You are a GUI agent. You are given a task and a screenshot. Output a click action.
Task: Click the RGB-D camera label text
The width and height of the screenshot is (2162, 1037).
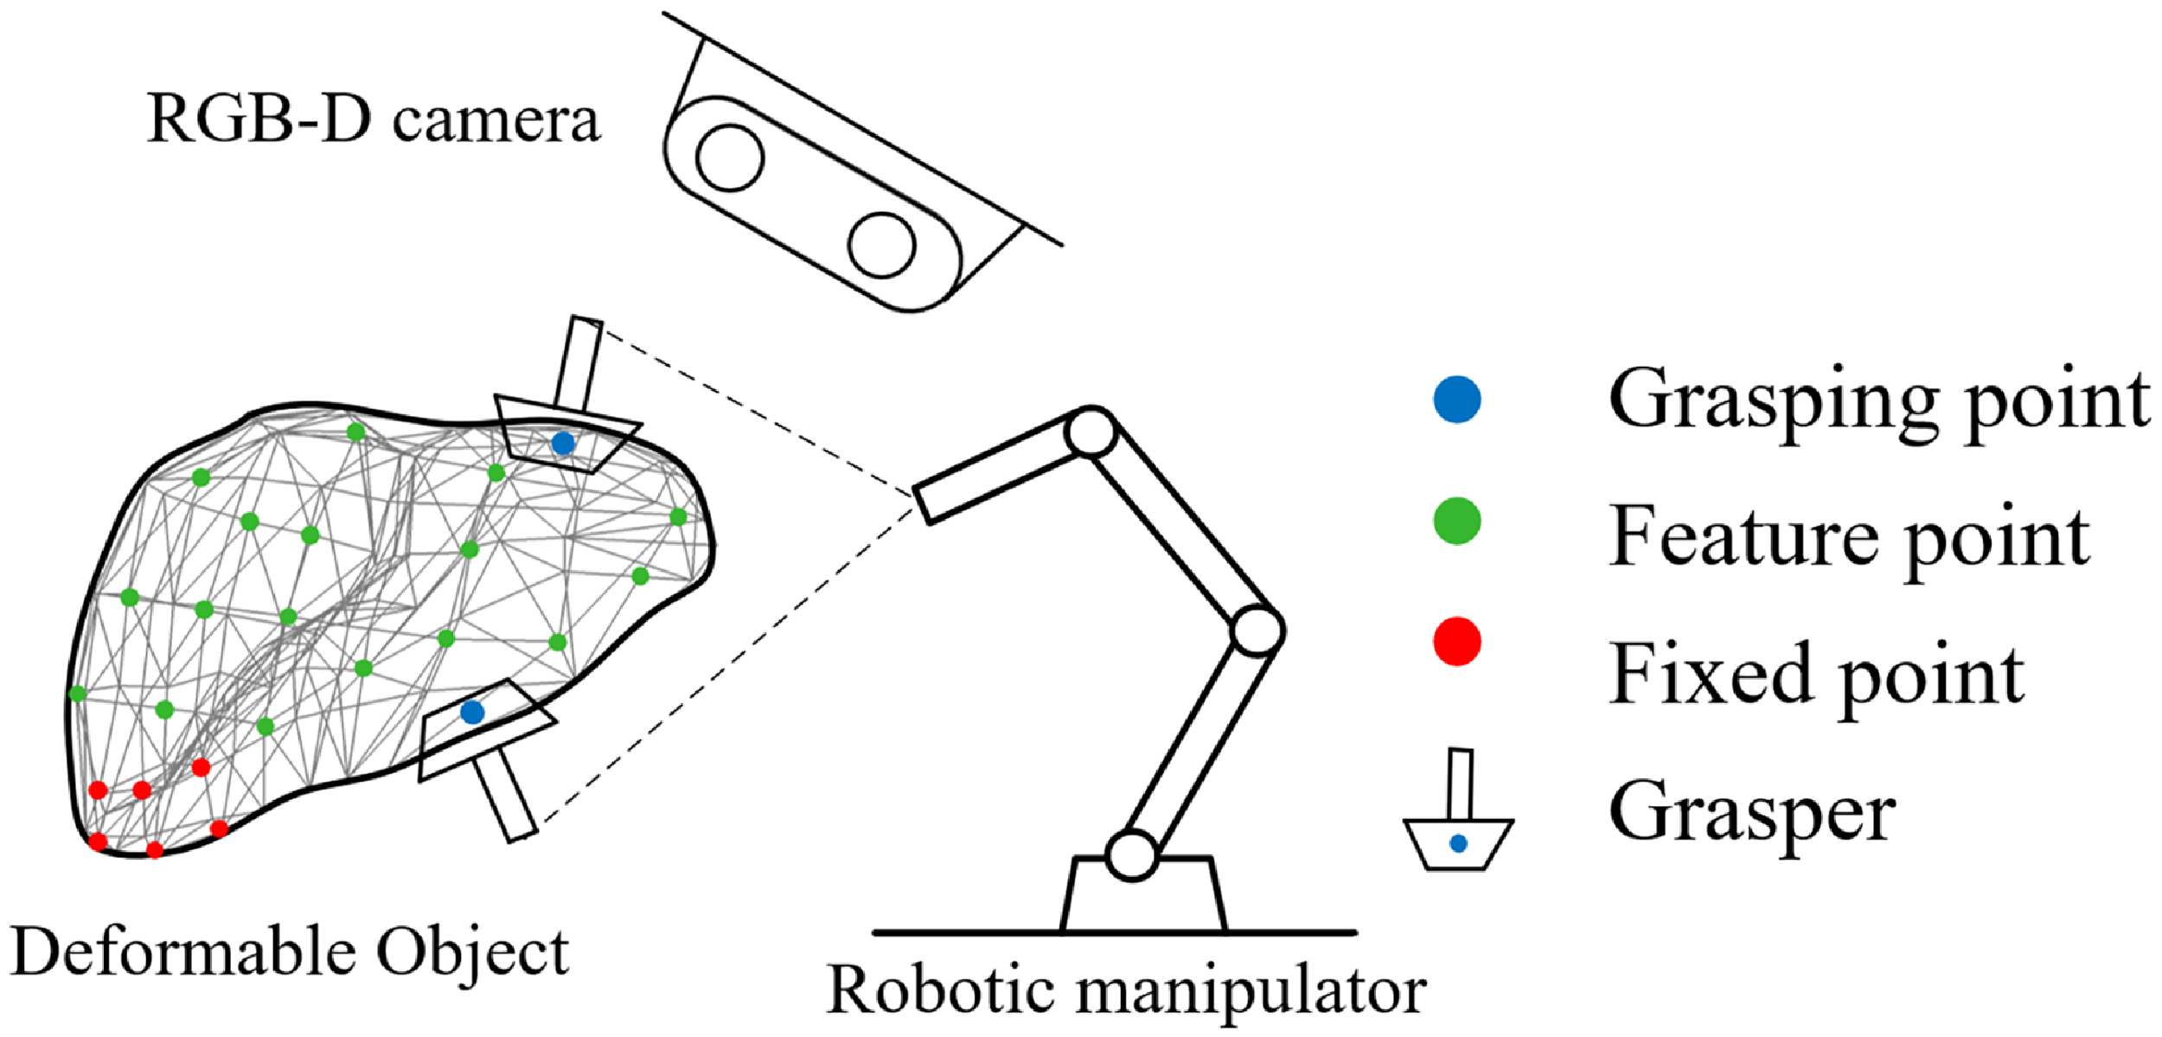(x=373, y=120)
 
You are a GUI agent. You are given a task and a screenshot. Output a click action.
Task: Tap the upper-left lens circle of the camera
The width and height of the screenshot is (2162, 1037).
(x=730, y=157)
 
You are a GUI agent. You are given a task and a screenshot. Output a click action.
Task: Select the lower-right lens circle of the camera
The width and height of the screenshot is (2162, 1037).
(x=881, y=245)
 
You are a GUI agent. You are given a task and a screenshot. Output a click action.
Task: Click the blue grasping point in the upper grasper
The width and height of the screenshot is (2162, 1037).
(x=563, y=444)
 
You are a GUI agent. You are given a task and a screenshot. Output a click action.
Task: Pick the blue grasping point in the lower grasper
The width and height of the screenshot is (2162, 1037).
(x=472, y=712)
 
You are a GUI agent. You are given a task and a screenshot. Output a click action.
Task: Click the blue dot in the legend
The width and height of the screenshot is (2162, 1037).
(x=1457, y=399)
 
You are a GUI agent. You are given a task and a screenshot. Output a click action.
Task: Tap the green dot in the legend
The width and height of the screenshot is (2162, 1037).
(x=1457, y=521)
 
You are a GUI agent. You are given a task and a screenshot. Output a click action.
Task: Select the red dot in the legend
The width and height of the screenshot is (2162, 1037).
(x=1457, y=641)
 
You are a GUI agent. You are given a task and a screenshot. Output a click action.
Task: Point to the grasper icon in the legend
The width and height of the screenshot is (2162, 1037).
(x=1458, y=810)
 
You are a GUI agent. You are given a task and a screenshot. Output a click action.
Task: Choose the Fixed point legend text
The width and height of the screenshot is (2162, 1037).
(x=1816, y=674)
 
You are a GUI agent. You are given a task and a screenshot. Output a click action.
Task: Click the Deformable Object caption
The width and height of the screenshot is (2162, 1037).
(x=291, y=952)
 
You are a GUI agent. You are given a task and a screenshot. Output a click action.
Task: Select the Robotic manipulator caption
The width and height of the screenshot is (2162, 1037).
(x=1127, y=989)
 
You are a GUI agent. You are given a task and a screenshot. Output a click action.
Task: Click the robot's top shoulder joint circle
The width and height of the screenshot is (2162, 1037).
(x=1091, y=432)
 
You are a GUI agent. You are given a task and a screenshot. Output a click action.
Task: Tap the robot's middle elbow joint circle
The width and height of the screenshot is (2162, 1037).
(x=1257, y=630)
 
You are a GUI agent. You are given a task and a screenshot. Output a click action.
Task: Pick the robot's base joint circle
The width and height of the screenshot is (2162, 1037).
(x=1131, y=855)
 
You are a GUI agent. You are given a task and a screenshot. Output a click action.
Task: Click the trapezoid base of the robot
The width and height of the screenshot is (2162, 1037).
(x=1143, y=894)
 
